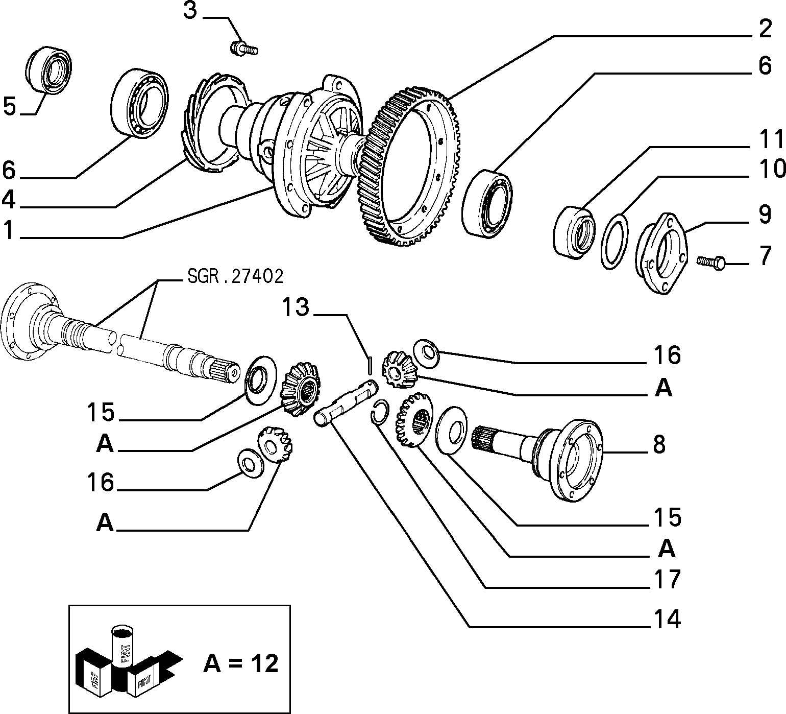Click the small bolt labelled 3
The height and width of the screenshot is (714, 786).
coord(244,49)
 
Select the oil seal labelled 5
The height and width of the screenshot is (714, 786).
coord(48,69)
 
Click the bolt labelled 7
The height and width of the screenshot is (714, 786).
coord(711,263)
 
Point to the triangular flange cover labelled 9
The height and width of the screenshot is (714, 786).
coord(662,254)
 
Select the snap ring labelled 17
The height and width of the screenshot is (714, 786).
coord(379,412)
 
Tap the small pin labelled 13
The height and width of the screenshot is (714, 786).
coord(370,366)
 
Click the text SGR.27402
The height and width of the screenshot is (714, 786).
coord(235,276)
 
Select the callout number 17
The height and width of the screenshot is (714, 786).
coord(666,579)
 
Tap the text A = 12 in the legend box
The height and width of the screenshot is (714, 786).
coord(241,663)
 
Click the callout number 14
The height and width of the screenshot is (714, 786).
coord(666,620)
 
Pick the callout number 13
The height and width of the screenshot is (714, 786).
coord(294,308)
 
